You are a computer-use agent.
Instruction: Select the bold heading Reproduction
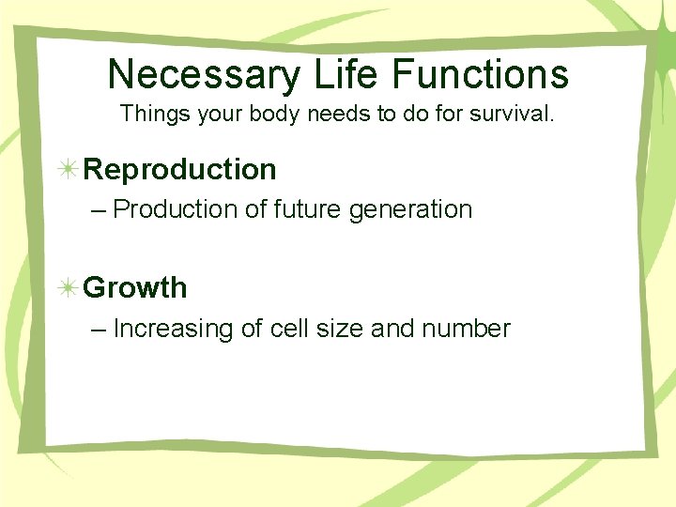(x=180, y=170)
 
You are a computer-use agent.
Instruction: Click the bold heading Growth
(x=135, y=288)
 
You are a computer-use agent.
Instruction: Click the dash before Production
(x=100, y=210)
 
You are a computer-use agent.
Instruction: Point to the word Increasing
(x=175, y=330)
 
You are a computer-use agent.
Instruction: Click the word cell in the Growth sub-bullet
(x=292, y=329)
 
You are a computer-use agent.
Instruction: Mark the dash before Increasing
(x=100, y=330)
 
